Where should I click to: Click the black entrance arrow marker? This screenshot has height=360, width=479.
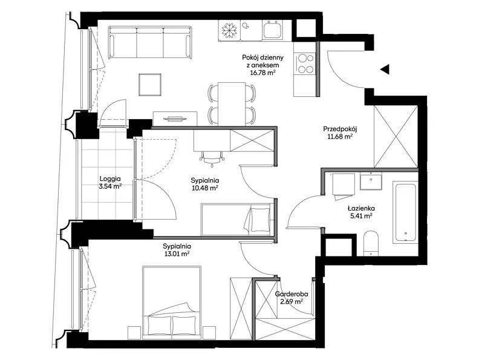click(x=385, y=70)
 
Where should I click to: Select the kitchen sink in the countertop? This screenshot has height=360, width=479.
click(x=273, y=30)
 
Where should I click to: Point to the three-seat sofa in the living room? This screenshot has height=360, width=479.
click(x=151, y=42)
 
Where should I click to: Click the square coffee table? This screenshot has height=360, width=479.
click(x=150, y=85)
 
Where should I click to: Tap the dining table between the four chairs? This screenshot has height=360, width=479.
click(x=232, y=103)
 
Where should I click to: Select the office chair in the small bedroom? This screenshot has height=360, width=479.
click(x=212, y=159)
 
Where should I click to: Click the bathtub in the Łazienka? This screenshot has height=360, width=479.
click(x=405, y=213)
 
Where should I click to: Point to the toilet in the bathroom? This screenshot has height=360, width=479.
click(x=371, y=243)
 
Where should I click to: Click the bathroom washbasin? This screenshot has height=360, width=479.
click(x=371, y=182)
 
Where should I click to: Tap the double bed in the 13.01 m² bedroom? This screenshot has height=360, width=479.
click(x=172, y=303)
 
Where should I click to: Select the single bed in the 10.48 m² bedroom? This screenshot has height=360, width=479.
click(x=236, y=220)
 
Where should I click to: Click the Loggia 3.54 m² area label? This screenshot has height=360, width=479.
click(x=110, y=183)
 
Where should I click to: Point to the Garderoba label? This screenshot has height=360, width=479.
click(x=292, y=294)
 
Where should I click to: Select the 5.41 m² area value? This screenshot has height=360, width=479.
click(x=361, y=216)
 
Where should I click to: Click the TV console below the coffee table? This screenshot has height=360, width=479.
click(x=175, y=118)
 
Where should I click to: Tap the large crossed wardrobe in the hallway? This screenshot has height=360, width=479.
click(x=396, y=136)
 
